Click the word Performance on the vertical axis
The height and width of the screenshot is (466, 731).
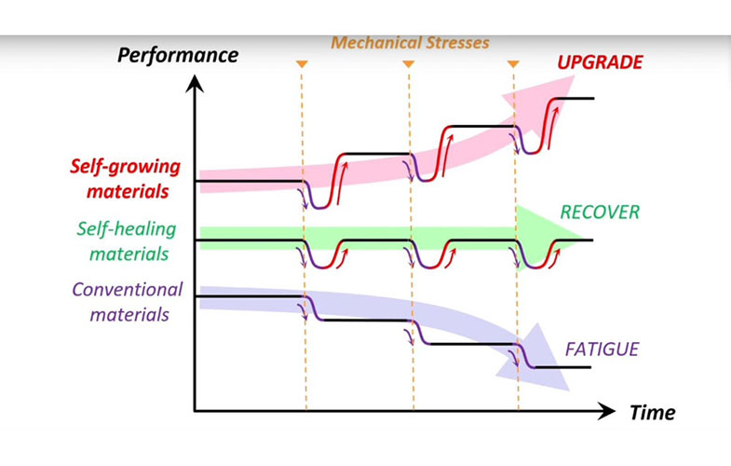(x=177, y=55)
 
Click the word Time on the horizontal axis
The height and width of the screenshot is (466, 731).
(x=652, y=412)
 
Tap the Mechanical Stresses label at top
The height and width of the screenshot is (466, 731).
(x=411, y=42)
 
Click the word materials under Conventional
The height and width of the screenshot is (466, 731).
(x=129, y=314)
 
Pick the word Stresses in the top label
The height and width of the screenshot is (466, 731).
(x=453, y=42)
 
